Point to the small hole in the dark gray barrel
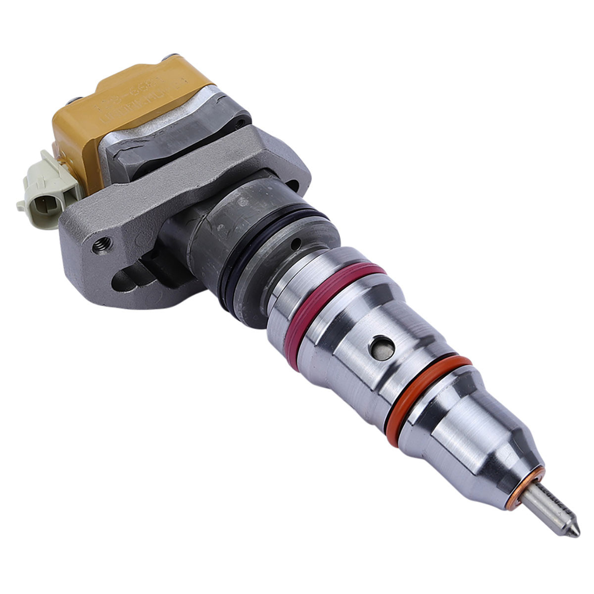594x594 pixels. point(296,243)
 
